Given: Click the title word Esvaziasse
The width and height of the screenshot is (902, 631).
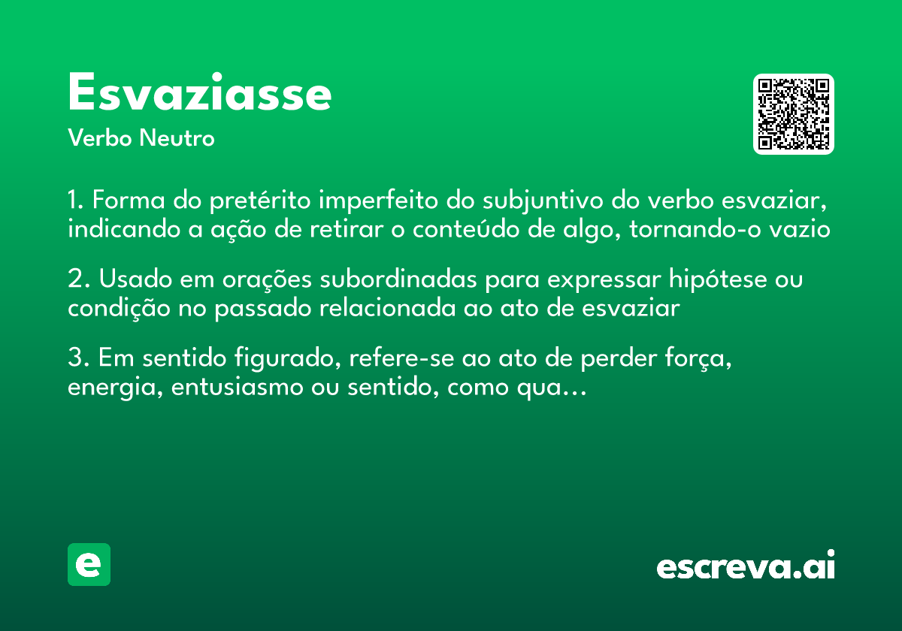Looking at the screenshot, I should pos(199,94).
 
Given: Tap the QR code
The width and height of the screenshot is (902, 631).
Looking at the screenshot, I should pos(794,114).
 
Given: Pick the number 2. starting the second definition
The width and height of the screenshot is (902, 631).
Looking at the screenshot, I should pos(79,280).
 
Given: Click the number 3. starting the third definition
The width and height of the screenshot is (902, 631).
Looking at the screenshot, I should pos(79,358).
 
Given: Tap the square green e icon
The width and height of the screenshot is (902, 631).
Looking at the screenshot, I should pos(89,565).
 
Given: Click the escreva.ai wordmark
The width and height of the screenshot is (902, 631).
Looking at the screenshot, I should pos(746,566).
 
